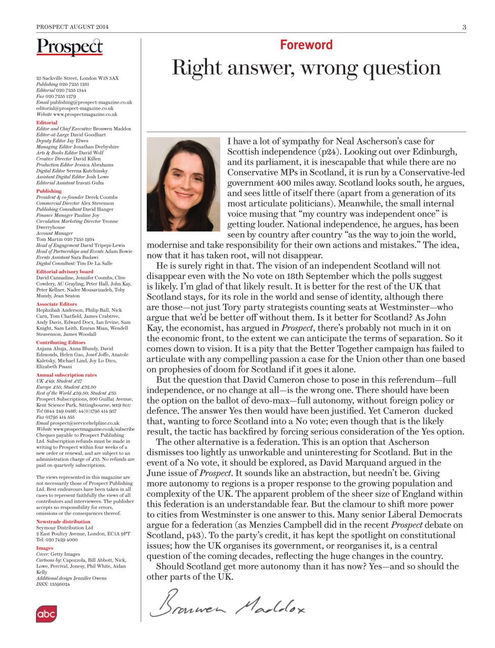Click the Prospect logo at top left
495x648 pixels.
[69, 47]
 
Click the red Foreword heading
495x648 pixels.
[306, 45]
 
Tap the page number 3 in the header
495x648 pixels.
[464, 27]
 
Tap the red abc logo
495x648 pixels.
[46, 614]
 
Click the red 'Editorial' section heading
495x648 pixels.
[47, 123]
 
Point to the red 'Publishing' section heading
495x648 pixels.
[49, 191]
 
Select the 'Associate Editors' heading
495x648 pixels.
[56, 304]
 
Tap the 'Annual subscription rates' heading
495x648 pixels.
[66, 375]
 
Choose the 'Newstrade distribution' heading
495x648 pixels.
[63, 521]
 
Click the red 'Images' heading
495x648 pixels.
[45, 548]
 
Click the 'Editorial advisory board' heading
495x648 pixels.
[65, 271]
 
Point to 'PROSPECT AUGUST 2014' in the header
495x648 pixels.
[72, 27]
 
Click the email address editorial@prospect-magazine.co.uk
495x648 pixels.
[75, 108]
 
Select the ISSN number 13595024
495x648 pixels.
[60, 584]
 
